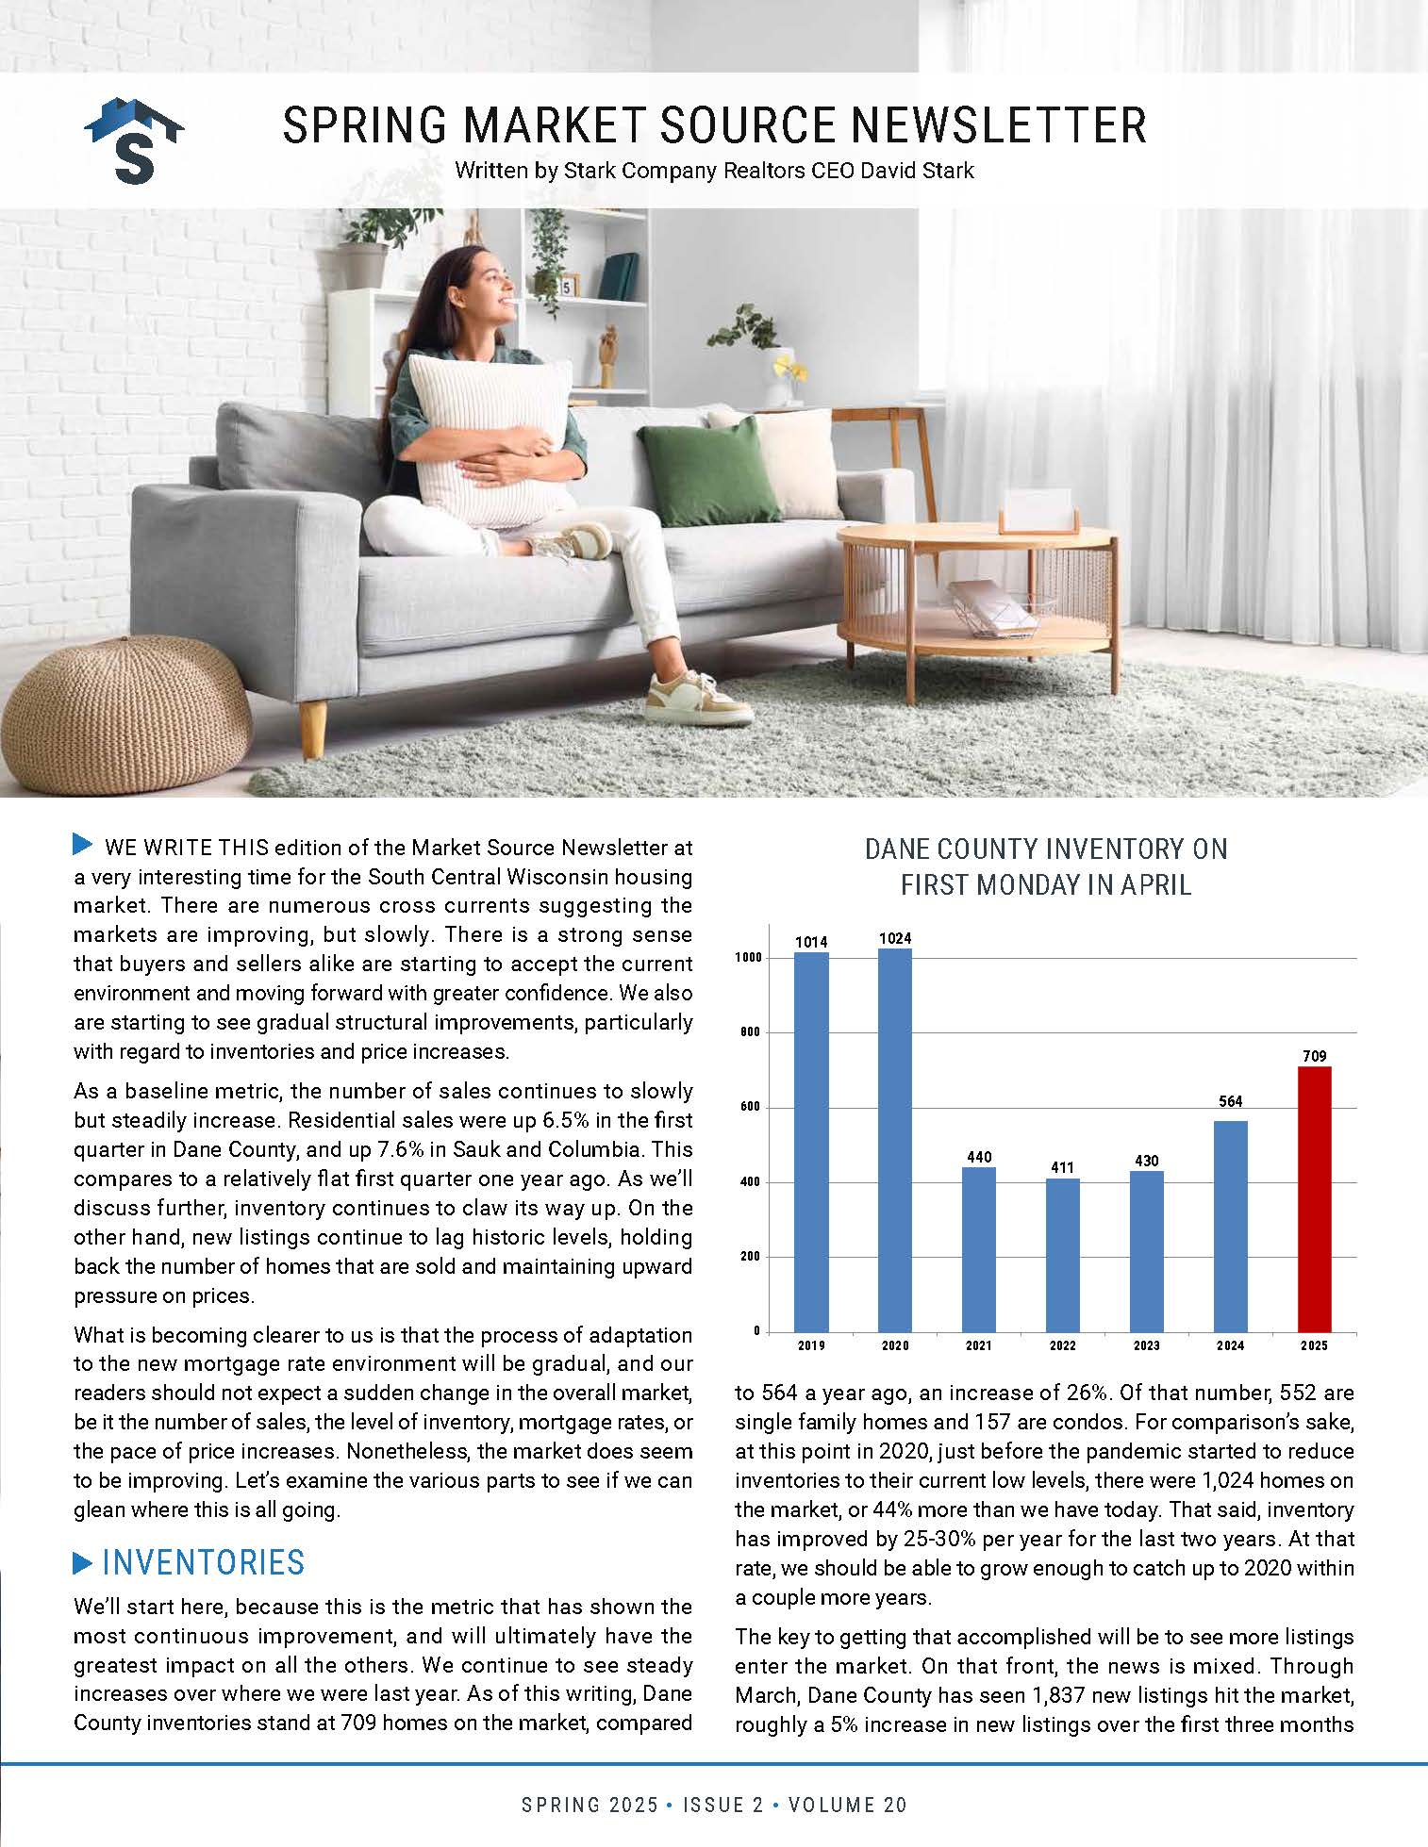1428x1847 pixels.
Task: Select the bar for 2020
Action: point(895,1140)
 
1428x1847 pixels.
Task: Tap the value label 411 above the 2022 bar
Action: point(1063,1167)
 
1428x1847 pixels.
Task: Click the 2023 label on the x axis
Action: point(1146,1345)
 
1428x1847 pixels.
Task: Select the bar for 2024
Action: point(1230,1226)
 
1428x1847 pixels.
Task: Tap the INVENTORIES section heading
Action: point(203,1562)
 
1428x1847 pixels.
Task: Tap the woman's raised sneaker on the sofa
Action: point(575,541)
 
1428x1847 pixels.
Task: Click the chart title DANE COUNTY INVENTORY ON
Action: point(1046,849)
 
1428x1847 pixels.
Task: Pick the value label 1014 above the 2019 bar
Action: point(811,941)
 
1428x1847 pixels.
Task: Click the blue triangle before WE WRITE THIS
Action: point(83,845)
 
